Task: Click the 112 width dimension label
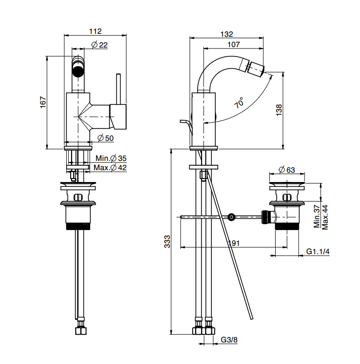tap(95, 31)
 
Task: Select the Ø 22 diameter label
tap(100, 45)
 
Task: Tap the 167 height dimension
tap(43, 102)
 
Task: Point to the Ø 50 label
tap(105, 138)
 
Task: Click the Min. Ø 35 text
tap(111, 158)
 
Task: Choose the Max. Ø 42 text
tap(111, 168)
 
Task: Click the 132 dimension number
tap(227, 34)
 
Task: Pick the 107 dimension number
tap(233, 45)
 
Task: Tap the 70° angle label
tap(239, 103)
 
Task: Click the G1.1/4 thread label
tap(318, 252)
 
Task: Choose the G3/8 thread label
tap(229, 339)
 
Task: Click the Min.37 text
tap(317, 216)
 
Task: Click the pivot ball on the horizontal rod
tap(231, 217)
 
